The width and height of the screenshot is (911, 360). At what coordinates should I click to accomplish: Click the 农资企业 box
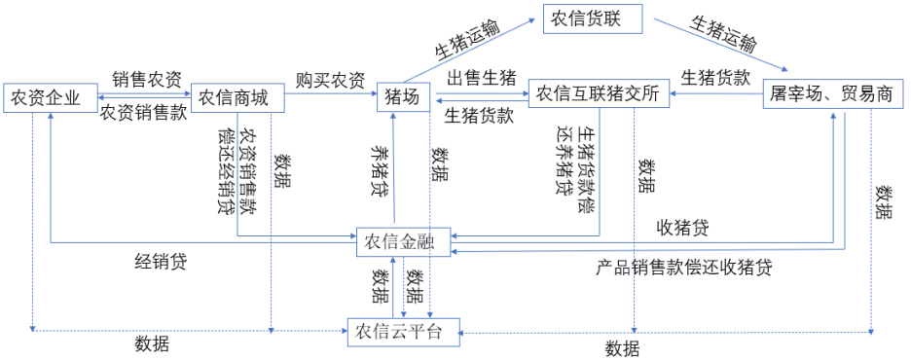point(49,98)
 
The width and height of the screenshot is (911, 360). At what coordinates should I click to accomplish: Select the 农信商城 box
point(236,98)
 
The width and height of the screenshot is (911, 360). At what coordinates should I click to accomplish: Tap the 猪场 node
point(402,98)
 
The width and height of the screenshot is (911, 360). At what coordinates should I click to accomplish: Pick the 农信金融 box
point(403,242)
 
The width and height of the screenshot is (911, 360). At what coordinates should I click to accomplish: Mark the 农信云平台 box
point(398,331)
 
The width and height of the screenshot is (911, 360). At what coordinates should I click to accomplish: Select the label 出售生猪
point(480,78)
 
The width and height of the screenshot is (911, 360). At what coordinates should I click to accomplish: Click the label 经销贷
point(162,262)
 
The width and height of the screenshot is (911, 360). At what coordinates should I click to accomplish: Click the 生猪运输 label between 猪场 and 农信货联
point(466,40)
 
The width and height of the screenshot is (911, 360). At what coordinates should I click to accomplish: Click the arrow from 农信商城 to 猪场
point(331,95)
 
